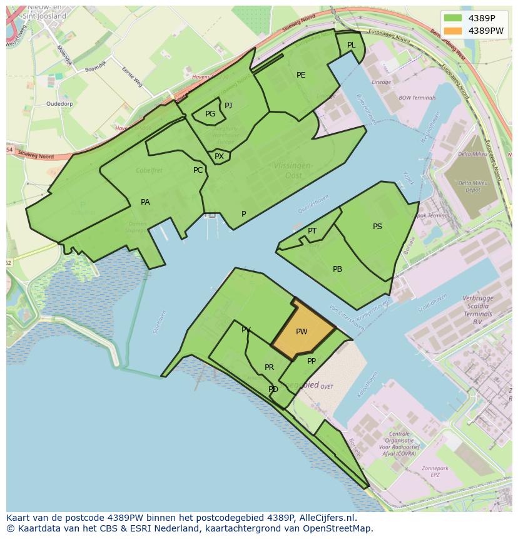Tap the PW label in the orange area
[302, 332]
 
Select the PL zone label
[351, 45]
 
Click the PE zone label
[301, 75]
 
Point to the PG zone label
[210, 114]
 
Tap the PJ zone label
[228, 106]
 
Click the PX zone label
[219, 157]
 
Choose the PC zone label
[198, 170]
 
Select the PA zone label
[145, 202]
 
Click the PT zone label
[312, 231]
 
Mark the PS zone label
[377, 227]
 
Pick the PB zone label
[337, 269]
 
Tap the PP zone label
[312, 361]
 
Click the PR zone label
[269, 367]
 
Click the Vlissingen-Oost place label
[293, 170]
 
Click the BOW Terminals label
[417, 98]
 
